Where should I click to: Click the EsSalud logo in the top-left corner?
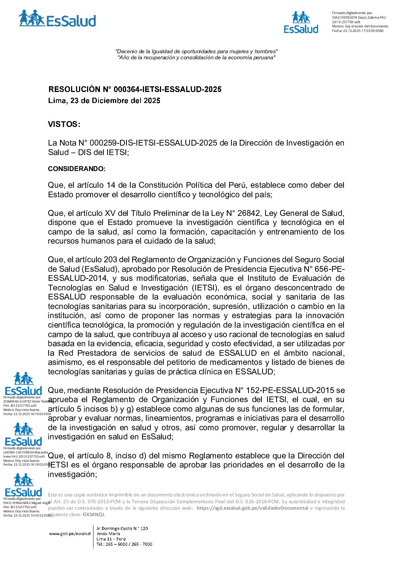[x=57, y=19]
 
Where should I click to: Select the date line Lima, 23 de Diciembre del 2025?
[x=104, y=101]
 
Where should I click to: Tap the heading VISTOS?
[x=64, y=124]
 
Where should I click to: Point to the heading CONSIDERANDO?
[x=76, y=169]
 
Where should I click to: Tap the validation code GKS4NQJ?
[x=93, y=515]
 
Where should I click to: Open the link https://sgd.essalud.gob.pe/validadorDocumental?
[x=252, y=508]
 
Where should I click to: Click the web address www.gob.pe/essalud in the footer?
[x=70, y=534]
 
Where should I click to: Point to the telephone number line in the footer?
[x=124, y=544]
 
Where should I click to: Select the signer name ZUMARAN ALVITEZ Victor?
[x=27, y=401]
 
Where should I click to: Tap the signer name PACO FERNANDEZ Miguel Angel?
[x=27, y=503]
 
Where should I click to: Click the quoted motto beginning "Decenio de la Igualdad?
[x=196, y=51]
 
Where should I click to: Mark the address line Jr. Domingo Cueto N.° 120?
[x=122, y=528]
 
